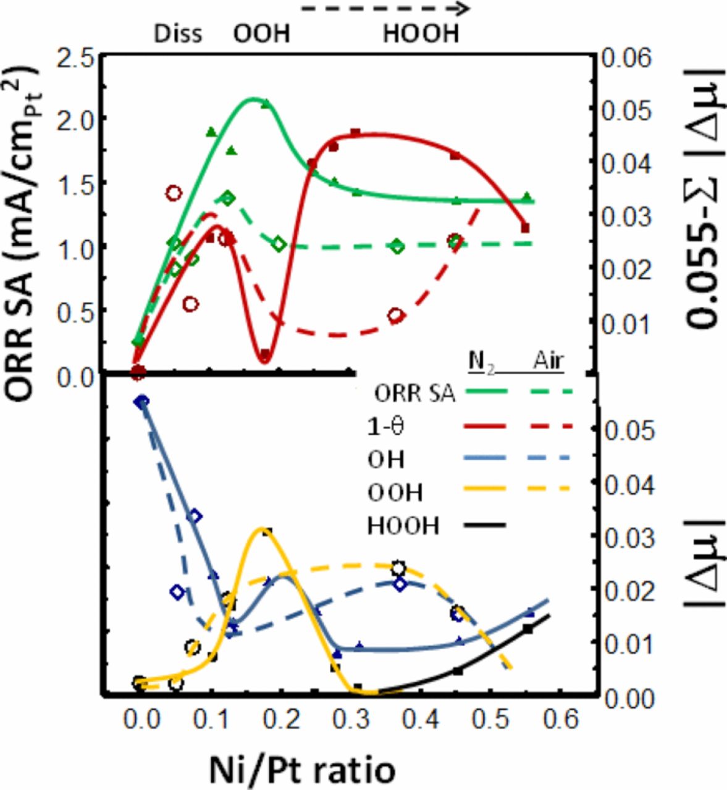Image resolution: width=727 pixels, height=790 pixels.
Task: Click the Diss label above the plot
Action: [x=178, y=33]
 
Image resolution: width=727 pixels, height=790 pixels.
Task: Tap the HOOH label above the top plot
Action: [x=421, y=33]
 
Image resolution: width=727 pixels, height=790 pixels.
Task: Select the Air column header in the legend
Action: [x=548, y=361]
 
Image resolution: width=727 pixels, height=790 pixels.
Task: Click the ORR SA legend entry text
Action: [x=415, y=394]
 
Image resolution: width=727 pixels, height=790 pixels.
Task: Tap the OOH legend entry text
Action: [x=395, y=493]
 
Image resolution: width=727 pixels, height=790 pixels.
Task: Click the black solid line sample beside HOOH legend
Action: [x=484, y=525]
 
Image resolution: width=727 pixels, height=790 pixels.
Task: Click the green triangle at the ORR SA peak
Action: [x=265, y=104]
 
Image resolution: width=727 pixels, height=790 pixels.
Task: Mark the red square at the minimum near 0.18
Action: [x=265, y=355]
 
